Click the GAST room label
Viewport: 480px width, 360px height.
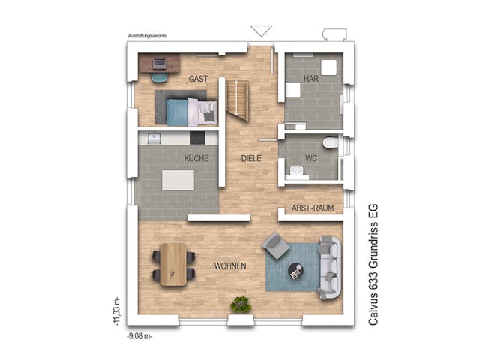point(198,79)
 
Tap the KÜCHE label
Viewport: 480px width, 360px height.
point(196,159)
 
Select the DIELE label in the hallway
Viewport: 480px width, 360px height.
point(250,159)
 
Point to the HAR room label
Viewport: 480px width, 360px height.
point(311,79)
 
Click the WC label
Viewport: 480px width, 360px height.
point(312,159)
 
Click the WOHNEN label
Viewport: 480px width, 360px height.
point(229,266)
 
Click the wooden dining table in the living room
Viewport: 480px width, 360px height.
point(173,265)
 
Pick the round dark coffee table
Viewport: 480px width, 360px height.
point(297,271)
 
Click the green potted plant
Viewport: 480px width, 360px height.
point(241,304)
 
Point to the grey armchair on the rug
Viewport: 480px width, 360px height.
point(275,245)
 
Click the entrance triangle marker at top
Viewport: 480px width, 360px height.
point(261,31)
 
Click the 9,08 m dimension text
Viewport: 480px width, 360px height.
point(139,337)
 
